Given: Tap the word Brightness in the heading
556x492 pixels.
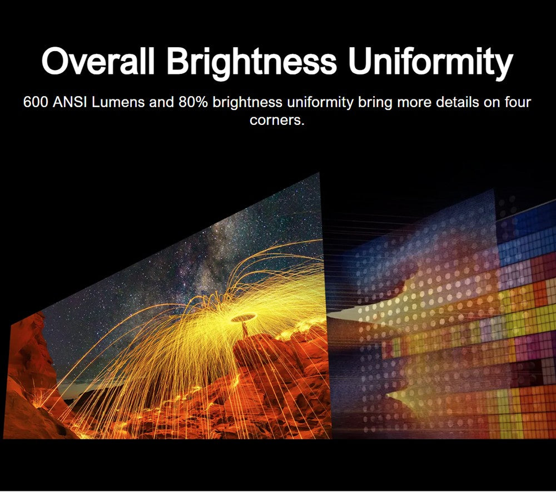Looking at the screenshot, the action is coord(251,63).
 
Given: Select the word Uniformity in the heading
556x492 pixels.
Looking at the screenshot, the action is coord(430,63).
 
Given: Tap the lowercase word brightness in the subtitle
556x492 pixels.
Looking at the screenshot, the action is coord(247,103).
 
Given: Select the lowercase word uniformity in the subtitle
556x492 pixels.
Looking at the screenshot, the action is coord(320,103).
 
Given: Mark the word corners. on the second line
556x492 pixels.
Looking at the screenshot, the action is coord(277,121).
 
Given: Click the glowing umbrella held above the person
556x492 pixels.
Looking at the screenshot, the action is coord(244,318).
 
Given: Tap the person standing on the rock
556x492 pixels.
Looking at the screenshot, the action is coord(245,329).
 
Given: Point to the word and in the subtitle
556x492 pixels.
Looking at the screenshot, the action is coord(162,102).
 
